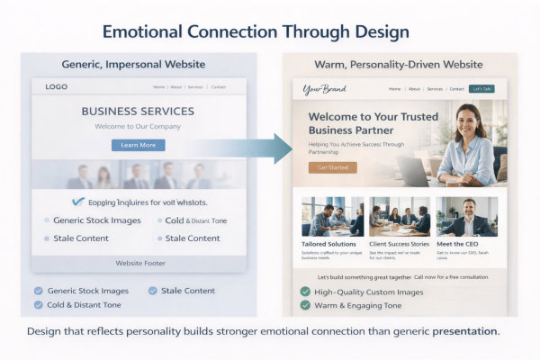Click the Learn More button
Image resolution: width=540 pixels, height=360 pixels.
tap(138, 145)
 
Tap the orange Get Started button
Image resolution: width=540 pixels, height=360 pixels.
tap(332, 167)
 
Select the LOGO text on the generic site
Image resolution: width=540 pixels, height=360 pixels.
tap(56, 87)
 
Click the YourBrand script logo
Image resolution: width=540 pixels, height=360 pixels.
tap(324, 89)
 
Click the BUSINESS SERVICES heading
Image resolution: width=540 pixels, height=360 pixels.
tap(138, 112)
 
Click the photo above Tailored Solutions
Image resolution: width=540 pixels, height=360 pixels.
tap(332, 217)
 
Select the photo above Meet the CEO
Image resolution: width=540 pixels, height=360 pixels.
tap(467, 217)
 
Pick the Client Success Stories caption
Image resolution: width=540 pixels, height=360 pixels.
tap(400, 243)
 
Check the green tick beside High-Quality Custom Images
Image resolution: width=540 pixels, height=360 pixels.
tap(305, 292)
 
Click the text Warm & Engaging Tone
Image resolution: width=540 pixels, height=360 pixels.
tap(358, 306)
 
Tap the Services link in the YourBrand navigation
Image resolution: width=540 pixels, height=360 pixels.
tap(435, 89)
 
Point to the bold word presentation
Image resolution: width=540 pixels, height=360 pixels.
tap(464, 331)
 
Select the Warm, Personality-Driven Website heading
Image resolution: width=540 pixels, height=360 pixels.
tap(399, 65)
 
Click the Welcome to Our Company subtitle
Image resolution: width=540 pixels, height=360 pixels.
tap(138, 127)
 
